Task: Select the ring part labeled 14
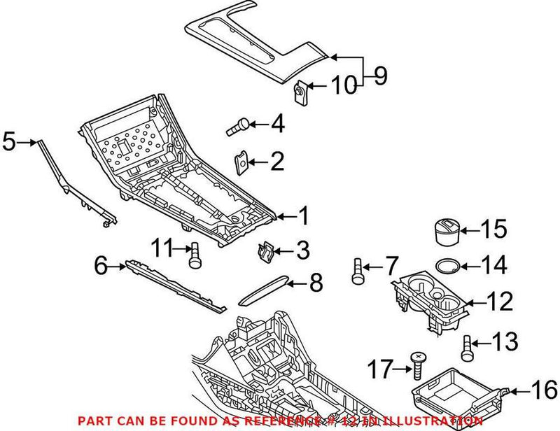pos(448,265)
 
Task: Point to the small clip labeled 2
pos(242,162)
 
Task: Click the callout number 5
pos(8,141)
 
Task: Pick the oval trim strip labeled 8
pos(265,290)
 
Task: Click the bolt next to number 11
pos(194,255)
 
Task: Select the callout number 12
pos(498,302)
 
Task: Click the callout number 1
pos(303,217)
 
